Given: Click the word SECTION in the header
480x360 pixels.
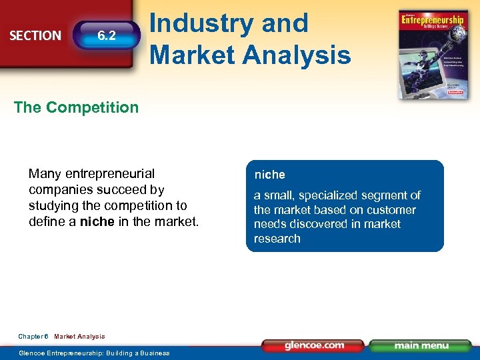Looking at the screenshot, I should [x=35, y=35].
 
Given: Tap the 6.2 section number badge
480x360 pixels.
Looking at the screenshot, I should [x=107, y=35].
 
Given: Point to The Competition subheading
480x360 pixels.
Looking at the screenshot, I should [x=76, y=107].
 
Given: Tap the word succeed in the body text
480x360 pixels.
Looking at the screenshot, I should [x=124, y=190].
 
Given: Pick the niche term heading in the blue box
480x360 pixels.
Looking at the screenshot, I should [x=269, y=175].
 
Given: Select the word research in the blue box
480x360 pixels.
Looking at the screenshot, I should [x=277, y=239].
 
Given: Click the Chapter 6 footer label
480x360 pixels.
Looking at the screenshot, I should [x=33, y=337].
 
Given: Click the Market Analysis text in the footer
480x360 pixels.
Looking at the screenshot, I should [x=79, y=337].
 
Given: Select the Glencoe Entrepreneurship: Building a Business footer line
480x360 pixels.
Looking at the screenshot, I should [x=94, y=353].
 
